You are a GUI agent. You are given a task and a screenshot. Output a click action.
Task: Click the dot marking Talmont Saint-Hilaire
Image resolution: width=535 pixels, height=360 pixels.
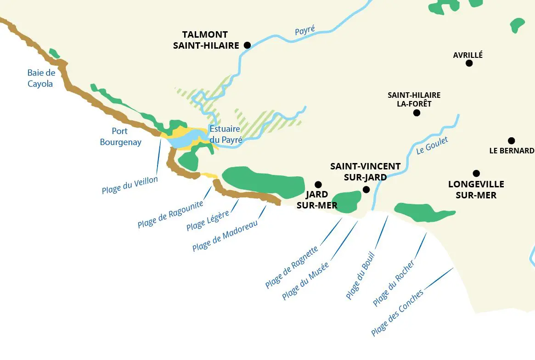click(247, 45)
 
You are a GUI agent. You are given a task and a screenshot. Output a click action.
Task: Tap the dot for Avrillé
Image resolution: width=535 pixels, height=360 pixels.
click(469, 63)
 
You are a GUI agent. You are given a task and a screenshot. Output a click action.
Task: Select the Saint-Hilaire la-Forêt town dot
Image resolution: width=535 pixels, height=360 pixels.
click(417, 113)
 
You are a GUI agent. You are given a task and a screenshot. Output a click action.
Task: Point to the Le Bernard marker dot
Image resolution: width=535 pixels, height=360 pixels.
click(511, 141)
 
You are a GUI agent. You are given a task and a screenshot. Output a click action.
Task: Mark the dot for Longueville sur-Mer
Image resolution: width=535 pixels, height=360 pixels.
click(476, 173)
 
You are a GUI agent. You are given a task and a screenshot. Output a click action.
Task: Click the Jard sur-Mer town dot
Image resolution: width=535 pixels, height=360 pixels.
click(318, 185)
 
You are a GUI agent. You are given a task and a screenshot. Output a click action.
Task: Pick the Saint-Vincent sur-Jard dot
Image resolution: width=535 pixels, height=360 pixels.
click(366, 189)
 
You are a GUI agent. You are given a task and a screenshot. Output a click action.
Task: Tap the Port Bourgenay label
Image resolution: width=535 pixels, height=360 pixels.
click(120, 137)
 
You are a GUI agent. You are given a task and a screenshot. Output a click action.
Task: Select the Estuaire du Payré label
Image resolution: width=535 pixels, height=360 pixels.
click(225, 135)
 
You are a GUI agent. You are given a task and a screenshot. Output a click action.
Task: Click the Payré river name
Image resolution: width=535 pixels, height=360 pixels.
click(305, 31)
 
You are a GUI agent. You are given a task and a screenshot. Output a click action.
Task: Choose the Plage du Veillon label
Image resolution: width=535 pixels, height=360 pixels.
click(130, 185)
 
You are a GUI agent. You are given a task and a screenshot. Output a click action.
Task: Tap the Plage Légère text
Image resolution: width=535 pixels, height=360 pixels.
click(208, 220)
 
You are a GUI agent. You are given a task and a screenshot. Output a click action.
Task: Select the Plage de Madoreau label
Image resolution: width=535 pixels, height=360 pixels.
click(225, 236)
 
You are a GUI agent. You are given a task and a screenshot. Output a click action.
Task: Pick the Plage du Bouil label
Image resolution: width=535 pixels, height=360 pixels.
click(360, 276)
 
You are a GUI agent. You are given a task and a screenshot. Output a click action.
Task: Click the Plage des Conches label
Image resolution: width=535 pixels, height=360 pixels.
click(397, 313)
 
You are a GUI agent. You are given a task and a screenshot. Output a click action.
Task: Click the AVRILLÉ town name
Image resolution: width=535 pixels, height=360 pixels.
click(468, 55)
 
